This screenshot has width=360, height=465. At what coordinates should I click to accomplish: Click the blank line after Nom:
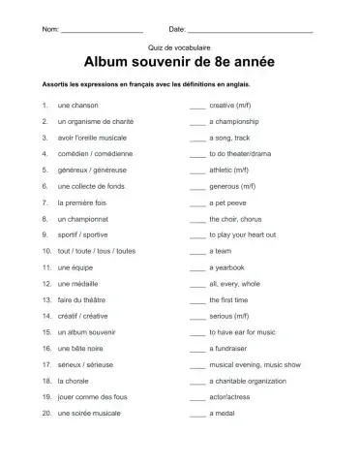tap(102, 32)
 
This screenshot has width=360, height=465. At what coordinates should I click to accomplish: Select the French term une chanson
tap(78, 104)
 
